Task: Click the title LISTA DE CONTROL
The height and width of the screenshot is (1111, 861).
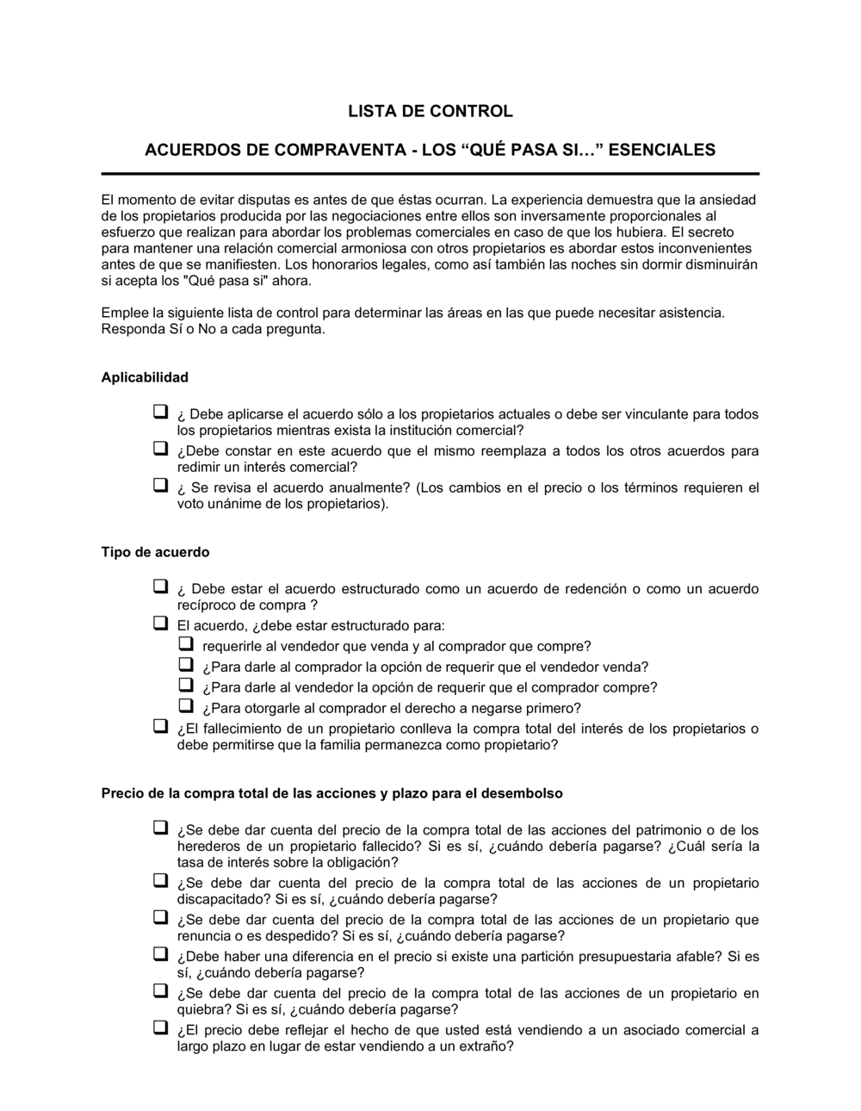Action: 430,111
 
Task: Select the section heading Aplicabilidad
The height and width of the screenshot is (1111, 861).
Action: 145,377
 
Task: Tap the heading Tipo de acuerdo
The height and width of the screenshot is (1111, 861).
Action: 155,552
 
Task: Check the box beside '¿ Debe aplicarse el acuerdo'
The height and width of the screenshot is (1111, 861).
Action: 160,413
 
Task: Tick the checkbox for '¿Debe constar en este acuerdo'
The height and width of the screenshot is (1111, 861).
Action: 160,449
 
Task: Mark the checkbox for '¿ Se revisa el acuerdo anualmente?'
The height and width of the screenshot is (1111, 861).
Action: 160,486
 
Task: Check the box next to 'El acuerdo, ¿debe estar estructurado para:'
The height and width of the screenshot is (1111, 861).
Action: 160,623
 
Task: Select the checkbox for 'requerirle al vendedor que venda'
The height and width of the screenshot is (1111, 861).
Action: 186,644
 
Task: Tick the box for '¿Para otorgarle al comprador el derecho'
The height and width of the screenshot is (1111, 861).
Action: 186,706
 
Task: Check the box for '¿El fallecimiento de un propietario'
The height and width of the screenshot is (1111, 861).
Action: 160,726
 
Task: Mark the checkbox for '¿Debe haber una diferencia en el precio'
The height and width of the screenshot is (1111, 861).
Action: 160,954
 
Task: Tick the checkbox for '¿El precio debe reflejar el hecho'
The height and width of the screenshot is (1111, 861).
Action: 160,1027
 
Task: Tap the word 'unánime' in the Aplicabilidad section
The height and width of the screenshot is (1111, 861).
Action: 233,504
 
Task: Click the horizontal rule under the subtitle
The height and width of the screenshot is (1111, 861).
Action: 430,173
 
